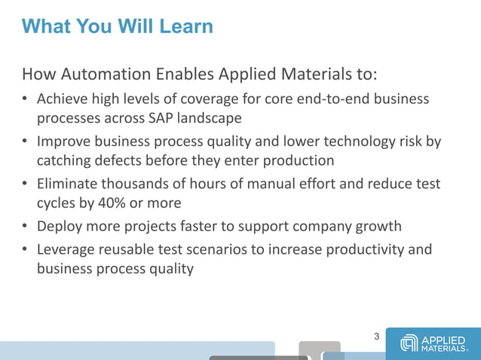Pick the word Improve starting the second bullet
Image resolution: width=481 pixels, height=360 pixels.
click(64, 142)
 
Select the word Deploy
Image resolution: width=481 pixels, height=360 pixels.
click(60, 226)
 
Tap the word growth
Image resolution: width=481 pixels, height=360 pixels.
click(381, 226)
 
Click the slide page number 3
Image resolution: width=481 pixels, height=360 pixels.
click(377, 336)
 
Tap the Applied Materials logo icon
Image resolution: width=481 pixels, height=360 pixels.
click(409, 343)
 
